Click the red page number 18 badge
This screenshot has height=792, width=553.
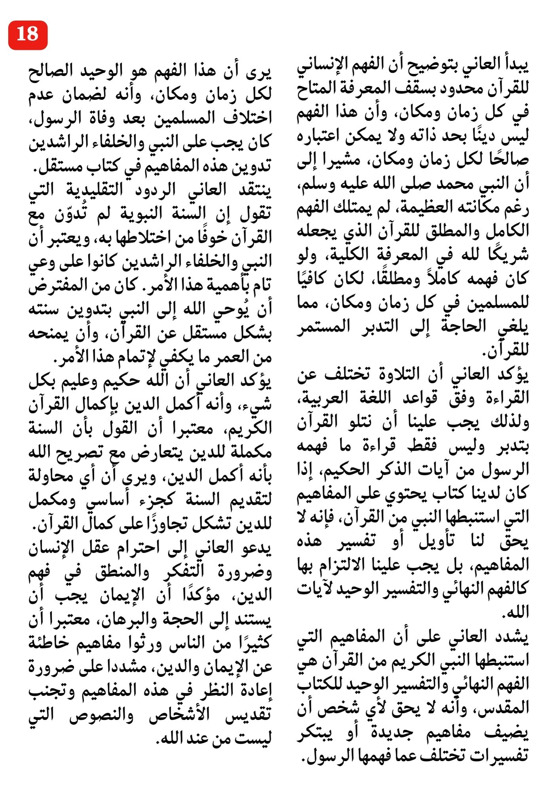click(28, 35)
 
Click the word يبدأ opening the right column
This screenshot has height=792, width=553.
click(513, 65)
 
